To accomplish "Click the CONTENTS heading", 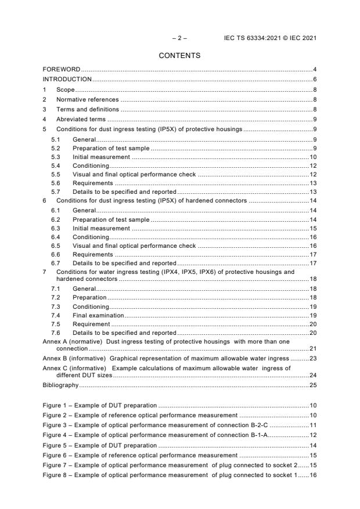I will tap(179, 56).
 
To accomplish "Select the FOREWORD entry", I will tap(62, 70).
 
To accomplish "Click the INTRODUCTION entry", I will tap(67, 79).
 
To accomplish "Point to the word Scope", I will tap(65, 90).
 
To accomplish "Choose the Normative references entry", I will tap(87, 99).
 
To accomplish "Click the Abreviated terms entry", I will tap(81, 119).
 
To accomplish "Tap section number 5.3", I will tap(56, 157).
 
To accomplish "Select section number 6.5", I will tap(56, 246).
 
